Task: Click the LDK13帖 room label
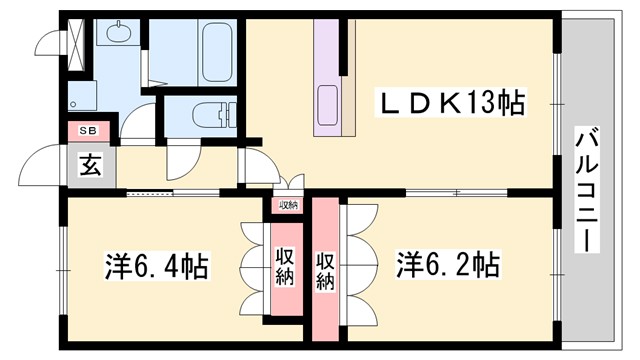coord(451,103)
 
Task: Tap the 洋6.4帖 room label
coord(157,267)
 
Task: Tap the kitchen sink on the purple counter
coord(328,101)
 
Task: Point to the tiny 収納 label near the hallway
coord(288,205)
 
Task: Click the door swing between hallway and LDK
coord(255,166)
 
